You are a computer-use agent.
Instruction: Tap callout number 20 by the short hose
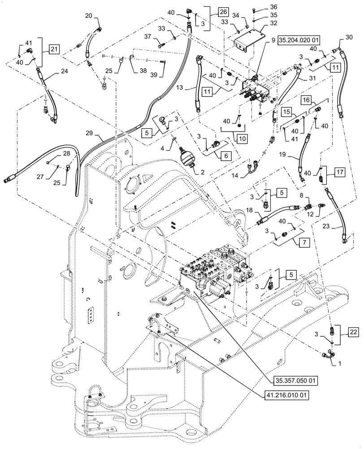[89, 15]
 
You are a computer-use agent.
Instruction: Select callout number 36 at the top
[274, 7]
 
